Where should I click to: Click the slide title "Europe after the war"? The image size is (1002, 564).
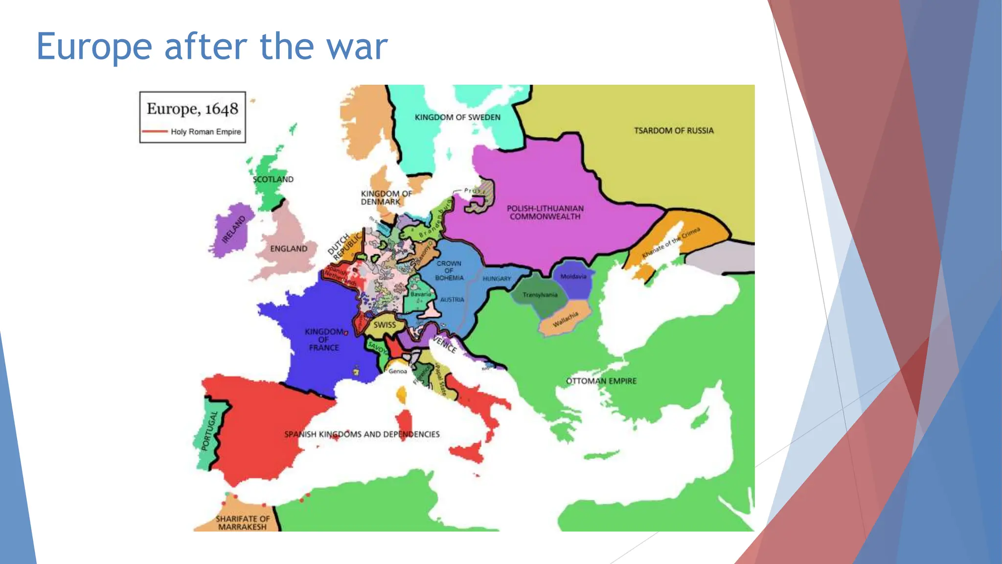tap(212, 47)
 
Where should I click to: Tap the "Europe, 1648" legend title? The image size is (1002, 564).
tap(192, 109)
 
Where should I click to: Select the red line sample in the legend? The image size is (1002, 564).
tap(155, 132)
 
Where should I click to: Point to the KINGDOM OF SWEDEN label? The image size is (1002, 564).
tap(457, 117)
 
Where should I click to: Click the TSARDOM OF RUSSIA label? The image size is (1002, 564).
tap(674, 131)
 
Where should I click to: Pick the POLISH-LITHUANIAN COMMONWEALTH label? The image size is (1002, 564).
tap(545, 212)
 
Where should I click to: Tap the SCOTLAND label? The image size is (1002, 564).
tap(273, 180)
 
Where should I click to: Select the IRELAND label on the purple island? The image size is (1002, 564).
tap(234, 229)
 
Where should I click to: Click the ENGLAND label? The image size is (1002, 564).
tap(289, 249)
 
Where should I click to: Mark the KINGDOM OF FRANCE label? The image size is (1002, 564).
tap(324, 340)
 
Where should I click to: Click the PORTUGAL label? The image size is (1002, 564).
tap(209, 431)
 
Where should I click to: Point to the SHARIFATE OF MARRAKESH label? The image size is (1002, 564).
tap(243, 523)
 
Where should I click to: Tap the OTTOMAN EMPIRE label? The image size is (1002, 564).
tap(601, 381)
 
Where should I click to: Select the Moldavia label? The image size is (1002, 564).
tap(573, 277)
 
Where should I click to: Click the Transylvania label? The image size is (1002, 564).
tap(540, 295)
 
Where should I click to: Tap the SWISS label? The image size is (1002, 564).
tap(385, 325)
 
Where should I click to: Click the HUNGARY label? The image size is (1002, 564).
tap(497, 279)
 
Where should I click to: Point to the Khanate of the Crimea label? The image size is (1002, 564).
tap(671, 243)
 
